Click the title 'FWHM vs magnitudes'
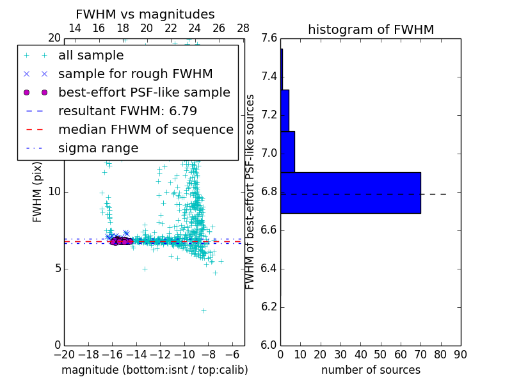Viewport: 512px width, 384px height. click(145, 14)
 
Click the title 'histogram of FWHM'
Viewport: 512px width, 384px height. click(371, 29)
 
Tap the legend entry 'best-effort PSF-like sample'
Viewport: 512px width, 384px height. click(144, 92)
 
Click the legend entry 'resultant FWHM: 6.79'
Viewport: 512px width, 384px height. click(127, 111)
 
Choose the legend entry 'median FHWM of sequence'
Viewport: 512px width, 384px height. click(145, 129)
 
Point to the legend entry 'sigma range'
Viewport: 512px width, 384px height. click(98, 148)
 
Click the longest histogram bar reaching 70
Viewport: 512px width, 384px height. click(351, 193)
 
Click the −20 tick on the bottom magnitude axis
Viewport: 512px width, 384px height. click(64, 354)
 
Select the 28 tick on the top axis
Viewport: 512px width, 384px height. click(243, 28)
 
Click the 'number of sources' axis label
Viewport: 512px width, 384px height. click(371, 370)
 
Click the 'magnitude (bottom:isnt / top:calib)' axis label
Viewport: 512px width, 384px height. click(154, 370)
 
